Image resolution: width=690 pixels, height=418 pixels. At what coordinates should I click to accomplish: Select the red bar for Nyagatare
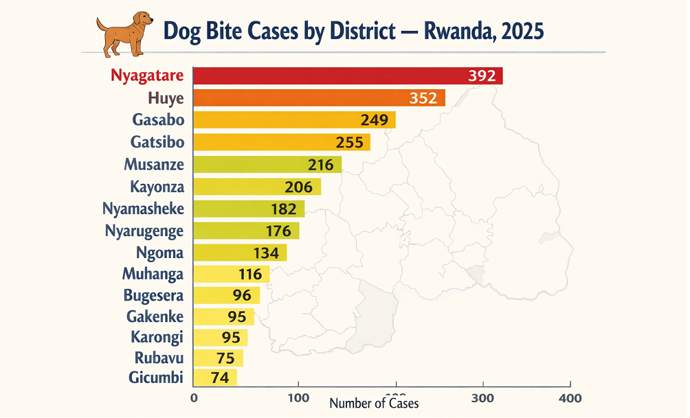[x=330, y=76]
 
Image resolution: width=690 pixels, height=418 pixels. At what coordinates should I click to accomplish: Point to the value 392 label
[x=482, y=76]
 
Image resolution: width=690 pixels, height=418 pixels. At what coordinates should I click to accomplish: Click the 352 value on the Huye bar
[x=423, y=98]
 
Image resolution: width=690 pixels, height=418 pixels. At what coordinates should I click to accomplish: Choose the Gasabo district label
[x=158, y=120]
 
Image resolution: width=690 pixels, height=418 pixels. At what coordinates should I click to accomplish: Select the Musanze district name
[x=154, y=165]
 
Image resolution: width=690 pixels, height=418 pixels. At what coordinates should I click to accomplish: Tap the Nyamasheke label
[x=143, y=209]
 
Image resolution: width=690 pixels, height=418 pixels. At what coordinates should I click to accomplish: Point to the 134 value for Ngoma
[x=266, y=253]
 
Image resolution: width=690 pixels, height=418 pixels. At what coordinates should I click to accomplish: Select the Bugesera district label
[x=154, y=297]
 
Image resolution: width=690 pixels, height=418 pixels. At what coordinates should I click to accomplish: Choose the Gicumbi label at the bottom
[x=156, y=377]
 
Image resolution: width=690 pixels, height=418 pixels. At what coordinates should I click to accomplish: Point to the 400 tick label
[x=570, y=398]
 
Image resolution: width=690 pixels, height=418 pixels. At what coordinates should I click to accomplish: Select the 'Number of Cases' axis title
[x=374, y=404]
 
